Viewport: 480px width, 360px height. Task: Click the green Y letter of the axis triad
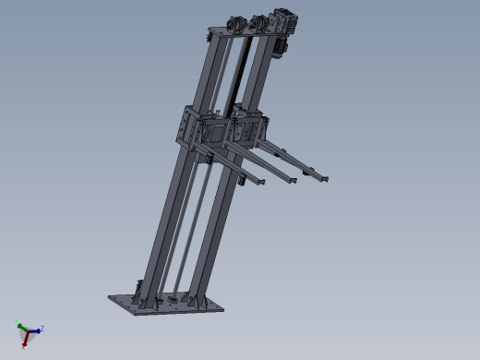coord(18,323)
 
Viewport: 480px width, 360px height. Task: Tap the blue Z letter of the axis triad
coord(43,328)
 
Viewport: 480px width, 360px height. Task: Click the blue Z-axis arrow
coord(35,330)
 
